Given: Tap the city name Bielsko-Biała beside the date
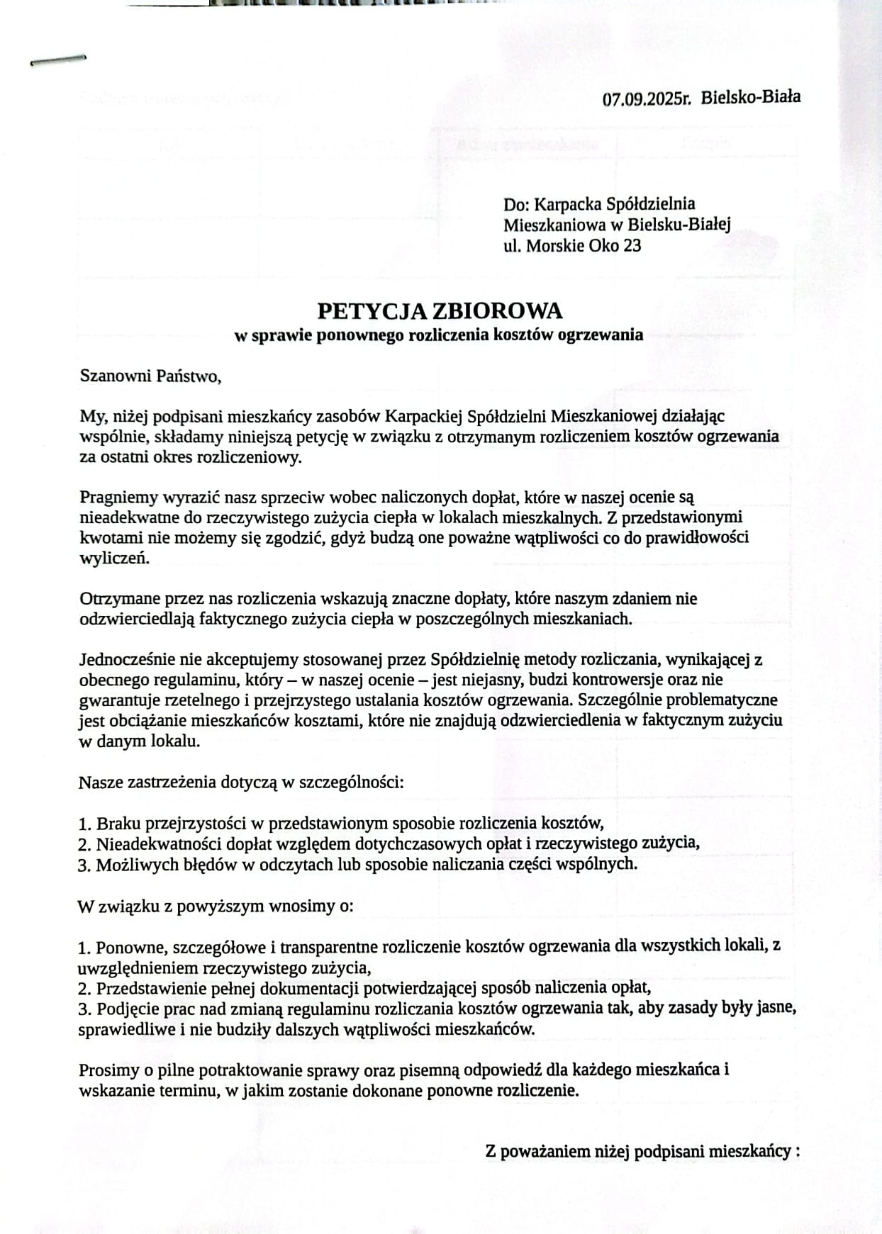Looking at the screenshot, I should pos(751,97).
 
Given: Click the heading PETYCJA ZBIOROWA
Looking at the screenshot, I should pos(440,311).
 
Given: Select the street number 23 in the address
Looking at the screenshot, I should pos(632,246).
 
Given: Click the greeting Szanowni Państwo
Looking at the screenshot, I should pos(150,376).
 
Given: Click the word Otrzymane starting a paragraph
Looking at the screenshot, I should pos(115,598).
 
